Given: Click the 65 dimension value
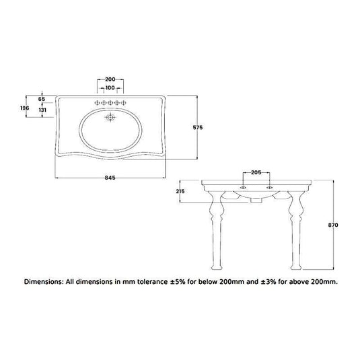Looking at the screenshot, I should click(x=42, y=100).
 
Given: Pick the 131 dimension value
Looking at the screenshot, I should click(x=42, y=110).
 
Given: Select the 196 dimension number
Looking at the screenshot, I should click(x=25, y=107).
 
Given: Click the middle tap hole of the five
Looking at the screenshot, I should click(x=111, y=102).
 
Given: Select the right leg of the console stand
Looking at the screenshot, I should click(x=294, y=229).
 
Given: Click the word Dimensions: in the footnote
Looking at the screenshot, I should click(x=48, y=282).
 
